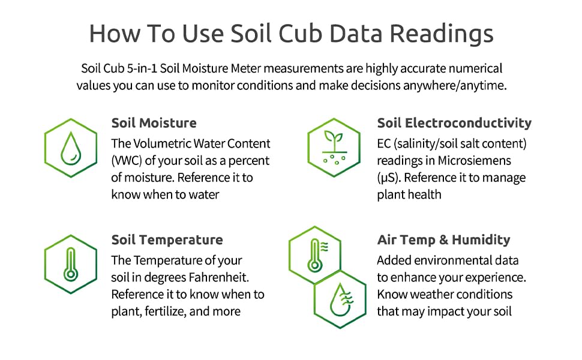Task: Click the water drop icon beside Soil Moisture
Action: point(71,149)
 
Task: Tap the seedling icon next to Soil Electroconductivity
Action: point(334,148)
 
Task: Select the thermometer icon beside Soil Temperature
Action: point(71,264)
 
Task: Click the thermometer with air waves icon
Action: point(317,255)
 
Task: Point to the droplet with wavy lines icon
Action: point(341,299)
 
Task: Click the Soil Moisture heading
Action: point(154,123)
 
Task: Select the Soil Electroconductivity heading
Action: point(454,123)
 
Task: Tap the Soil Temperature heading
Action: point(167,240)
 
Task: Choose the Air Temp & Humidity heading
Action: point(443,240)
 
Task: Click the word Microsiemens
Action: point(475,160)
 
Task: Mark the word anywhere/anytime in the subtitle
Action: point(455,86)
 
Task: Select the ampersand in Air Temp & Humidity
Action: point(443,240)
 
